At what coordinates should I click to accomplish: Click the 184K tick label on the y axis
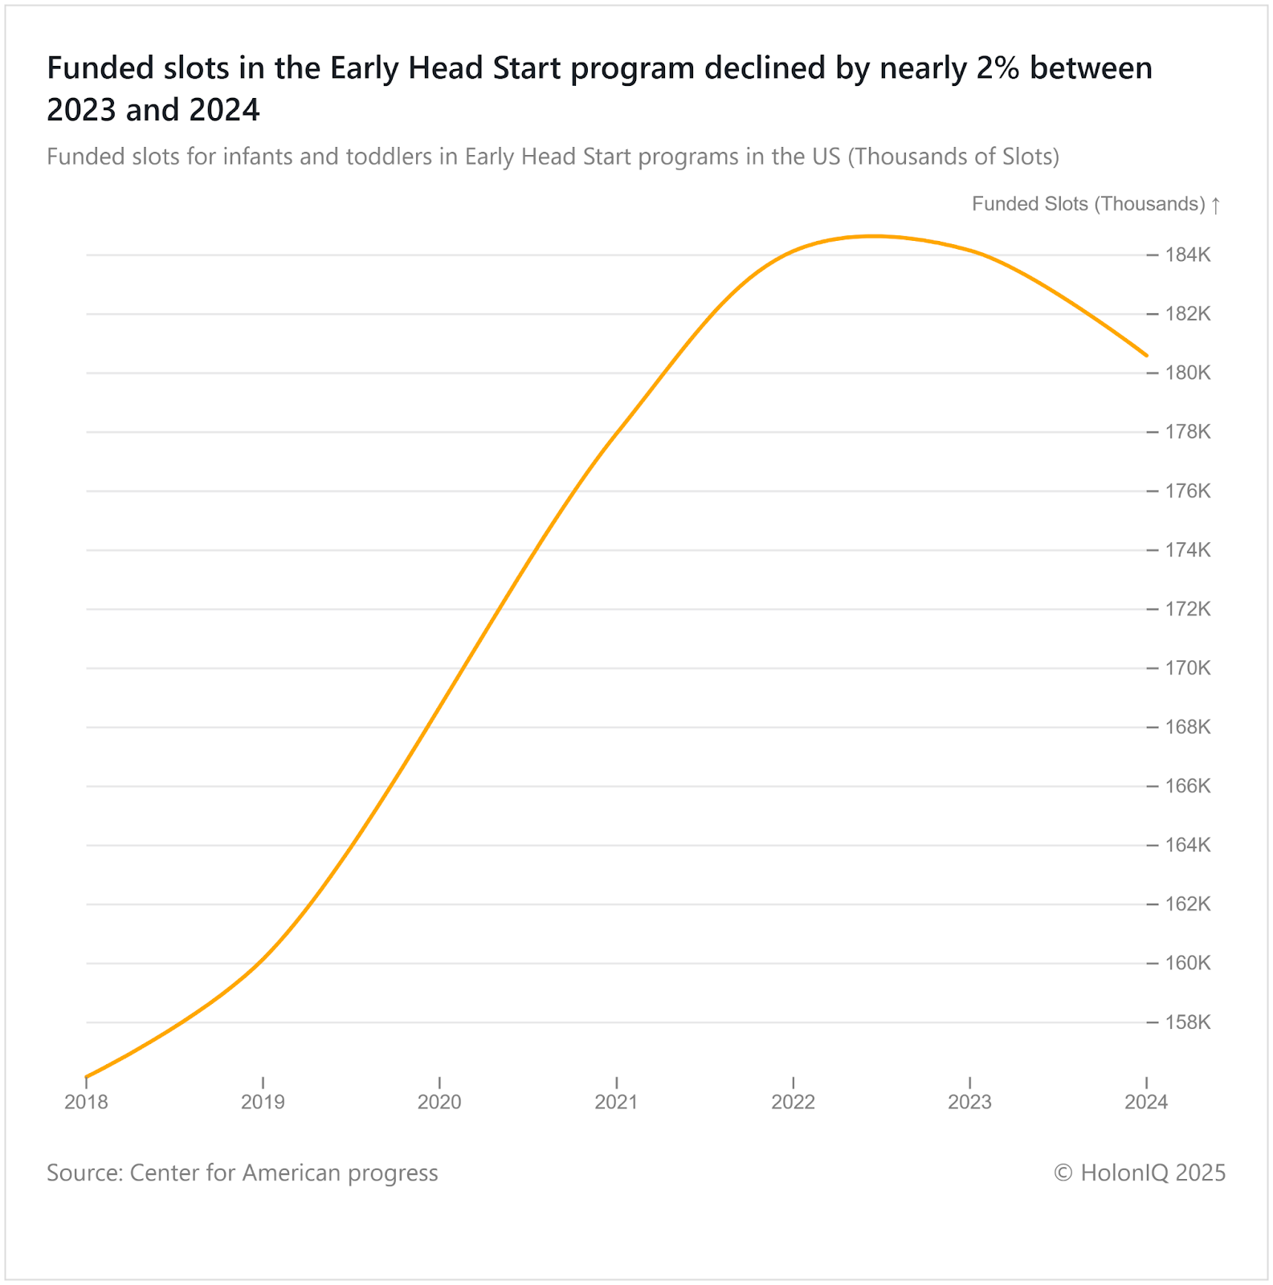[1188, 255]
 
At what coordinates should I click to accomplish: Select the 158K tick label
[1188, 1022]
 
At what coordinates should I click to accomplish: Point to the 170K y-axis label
[1188, 668]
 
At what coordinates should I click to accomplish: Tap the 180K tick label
[1188, 373]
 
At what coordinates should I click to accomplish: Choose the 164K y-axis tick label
[1188, 845]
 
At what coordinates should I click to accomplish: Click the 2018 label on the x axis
[86, 1102]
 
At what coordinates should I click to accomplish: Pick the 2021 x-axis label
[616, 1102]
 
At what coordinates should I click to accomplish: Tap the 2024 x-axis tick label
[1146, 1102]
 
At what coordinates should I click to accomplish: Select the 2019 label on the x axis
[263, 1102]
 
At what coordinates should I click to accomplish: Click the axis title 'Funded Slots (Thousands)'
[1088, 204]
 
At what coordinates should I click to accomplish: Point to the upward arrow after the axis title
[1216, 205]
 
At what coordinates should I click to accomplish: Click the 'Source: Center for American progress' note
[242, 1173]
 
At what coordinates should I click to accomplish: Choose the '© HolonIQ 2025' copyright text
[1140, 1173]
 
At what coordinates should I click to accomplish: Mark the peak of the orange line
[874, 236]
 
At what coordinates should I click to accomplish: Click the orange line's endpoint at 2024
[1146, 355]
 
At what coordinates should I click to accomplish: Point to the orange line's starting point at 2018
[87, 1076]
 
